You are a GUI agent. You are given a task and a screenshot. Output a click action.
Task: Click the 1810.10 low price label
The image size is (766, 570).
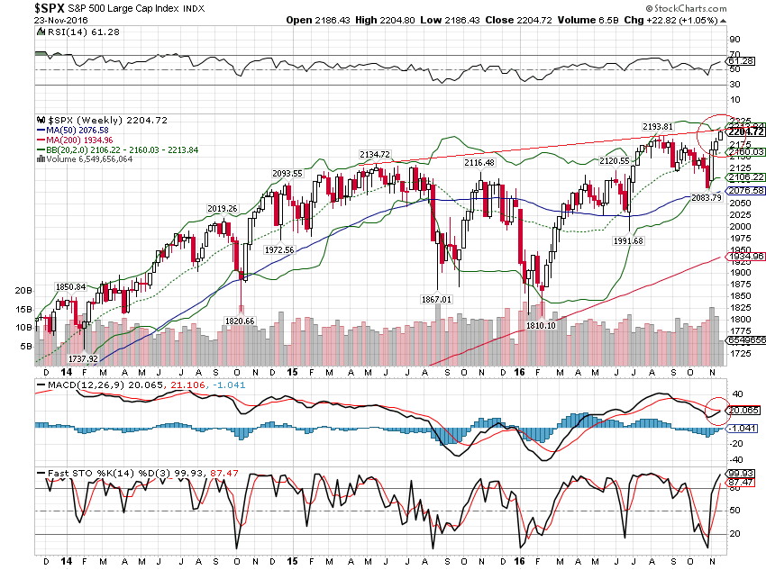click(x=540, y=325)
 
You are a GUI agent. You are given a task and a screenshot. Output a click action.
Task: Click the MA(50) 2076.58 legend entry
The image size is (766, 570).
click(x=77, y=130)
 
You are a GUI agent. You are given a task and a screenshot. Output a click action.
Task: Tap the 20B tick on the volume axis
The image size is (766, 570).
click(x=23, y=291)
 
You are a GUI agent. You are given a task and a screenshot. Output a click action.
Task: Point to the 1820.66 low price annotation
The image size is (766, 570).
click(x=240, y=321)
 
